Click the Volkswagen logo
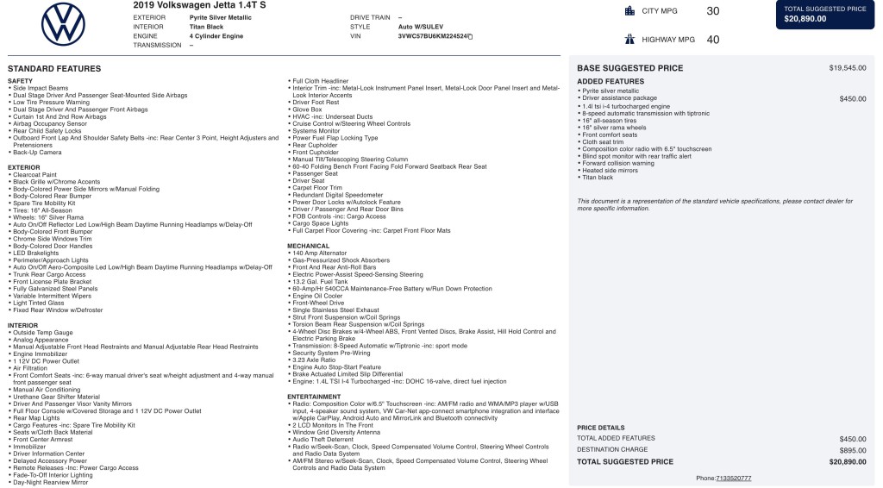[x=63, y=24]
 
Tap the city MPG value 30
[x=712, y=11]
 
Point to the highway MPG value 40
[x=712, y=39]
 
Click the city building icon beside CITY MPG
[x=629, y=11]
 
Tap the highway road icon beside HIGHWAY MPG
[x=629, y=39]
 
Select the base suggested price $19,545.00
[x=847, y=67]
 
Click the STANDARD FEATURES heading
[x=54, y=68]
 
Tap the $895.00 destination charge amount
[x=852, y=449]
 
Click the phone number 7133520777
[x=733, y=478]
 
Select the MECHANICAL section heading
[x=308, y=246]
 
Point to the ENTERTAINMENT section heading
[x=315, y=397]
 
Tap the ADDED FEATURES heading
[x=610, y=82]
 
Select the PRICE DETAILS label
[x=600, y=427]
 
